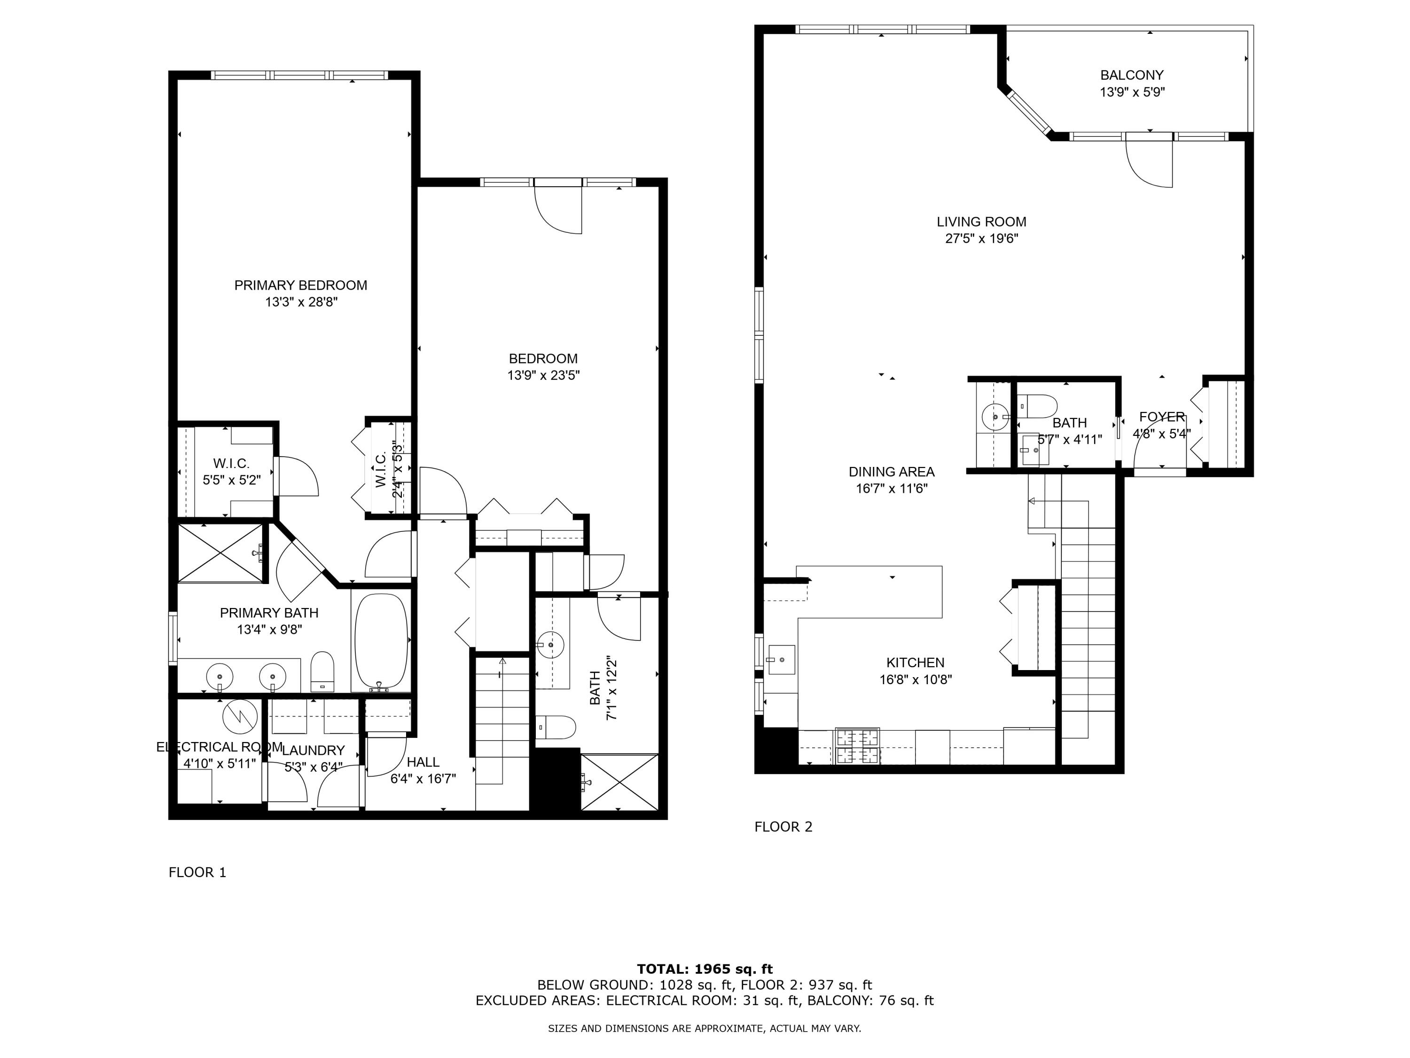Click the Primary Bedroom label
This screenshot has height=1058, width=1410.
300,285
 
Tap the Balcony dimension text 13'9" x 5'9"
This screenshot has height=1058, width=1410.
1132,92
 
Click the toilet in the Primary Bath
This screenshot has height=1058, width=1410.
322,671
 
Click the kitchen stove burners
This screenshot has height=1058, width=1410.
857,746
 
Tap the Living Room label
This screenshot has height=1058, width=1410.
981,222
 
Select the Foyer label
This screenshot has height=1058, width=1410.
1161,417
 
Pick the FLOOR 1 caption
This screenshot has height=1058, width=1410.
197,872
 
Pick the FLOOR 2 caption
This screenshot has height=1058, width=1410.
783,827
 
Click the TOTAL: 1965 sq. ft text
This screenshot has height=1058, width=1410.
705,969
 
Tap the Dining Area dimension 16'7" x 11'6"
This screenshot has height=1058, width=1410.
891,489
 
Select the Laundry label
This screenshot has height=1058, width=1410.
313,750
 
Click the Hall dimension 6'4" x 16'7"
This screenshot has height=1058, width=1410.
423,778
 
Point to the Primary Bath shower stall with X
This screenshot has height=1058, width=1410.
220,553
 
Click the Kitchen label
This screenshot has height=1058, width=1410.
916,663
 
